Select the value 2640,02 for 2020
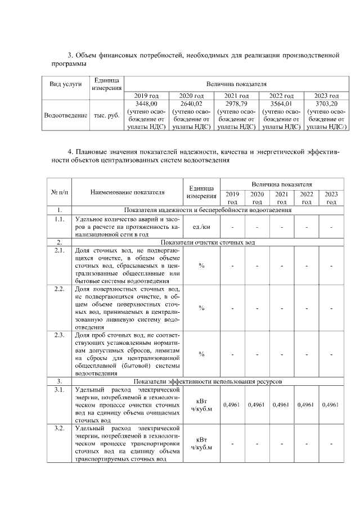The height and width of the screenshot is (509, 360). pos(191,104)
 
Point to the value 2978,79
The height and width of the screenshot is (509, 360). pos(236,104)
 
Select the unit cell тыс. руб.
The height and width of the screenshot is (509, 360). pos(106,115)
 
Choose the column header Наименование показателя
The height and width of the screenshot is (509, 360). pos(127,192)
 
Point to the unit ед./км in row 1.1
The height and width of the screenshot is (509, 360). pos(201,227)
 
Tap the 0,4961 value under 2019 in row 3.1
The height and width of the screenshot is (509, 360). pos(232,404)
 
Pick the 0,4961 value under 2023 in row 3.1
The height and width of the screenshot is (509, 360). pos(331,404)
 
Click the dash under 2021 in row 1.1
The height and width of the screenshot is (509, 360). pos(282,227)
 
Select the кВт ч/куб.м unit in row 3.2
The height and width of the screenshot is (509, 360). pos(201,443)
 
